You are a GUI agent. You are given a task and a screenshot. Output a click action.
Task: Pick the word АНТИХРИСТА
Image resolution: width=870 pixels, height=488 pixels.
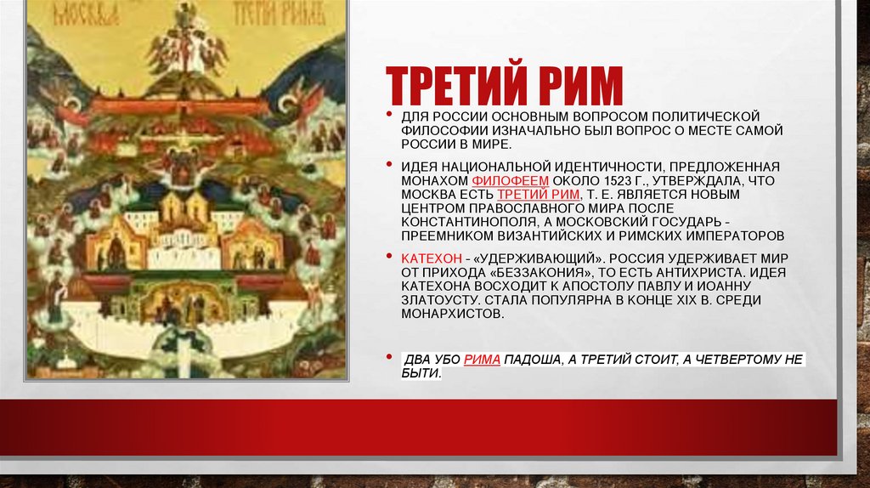point(683,271)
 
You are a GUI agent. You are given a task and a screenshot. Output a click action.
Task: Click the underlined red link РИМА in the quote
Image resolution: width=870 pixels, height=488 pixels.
point(482,360)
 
